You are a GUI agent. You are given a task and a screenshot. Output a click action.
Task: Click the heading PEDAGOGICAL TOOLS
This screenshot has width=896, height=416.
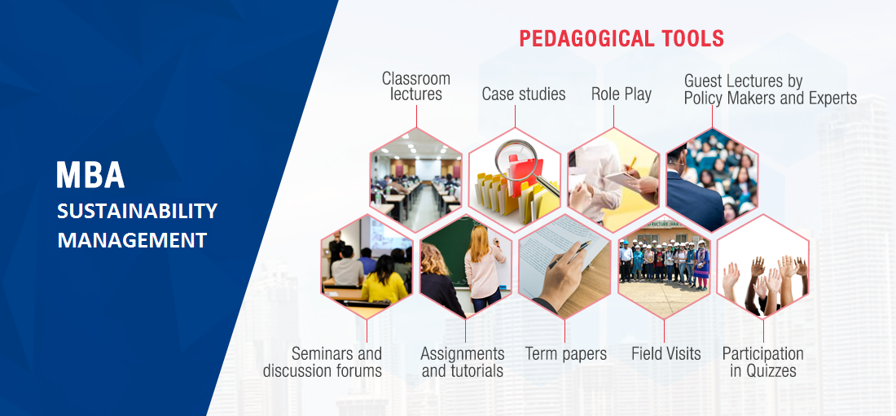pyautogui.click(x=621, y=39)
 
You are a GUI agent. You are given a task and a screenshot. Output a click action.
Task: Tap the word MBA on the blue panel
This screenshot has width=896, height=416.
pyautogui.click(x=90, y=175)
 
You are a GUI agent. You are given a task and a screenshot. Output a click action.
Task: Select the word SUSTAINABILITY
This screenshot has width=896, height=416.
pyautogui.click(x=137, y=211)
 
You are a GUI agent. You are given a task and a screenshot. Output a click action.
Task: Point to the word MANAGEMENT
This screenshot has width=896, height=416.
pyautogui.click(x=132, y=240)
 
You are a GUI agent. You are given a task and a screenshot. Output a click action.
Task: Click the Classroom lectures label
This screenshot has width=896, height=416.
pyautogui.click(x=416, y=85)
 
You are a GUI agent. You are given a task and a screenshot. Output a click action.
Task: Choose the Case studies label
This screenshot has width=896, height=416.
pyautogui.click(x=524, y=94)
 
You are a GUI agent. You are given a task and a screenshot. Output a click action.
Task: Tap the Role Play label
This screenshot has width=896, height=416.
pyautogui.click(x=621, y=94)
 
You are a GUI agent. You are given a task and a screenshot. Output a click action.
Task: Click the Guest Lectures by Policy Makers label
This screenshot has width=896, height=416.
pyautogui.click(x=771, y=90)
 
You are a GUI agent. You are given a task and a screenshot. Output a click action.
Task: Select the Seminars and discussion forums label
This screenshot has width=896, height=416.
pyautogui.click(x=323, y=361)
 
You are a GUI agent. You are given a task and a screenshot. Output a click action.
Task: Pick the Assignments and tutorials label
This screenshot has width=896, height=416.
pyautogui.click(x=463, y=361)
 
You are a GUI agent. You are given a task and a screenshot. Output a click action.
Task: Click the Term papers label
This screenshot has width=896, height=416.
pyautogui.click(x=566, y=353)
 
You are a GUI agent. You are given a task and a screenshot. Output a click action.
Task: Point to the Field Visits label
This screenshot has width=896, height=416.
pyautogui.click(x=665, y=353)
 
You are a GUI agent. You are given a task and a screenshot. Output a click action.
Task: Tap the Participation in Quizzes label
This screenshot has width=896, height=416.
pyautogui.click(x=763, y=361)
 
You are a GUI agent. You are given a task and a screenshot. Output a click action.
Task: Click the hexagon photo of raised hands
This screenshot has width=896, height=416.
pyautogui.click(x=763, y=267)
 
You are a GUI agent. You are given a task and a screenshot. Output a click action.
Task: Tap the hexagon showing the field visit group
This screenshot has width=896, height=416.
pyautogui.click(x=664, y=267)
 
